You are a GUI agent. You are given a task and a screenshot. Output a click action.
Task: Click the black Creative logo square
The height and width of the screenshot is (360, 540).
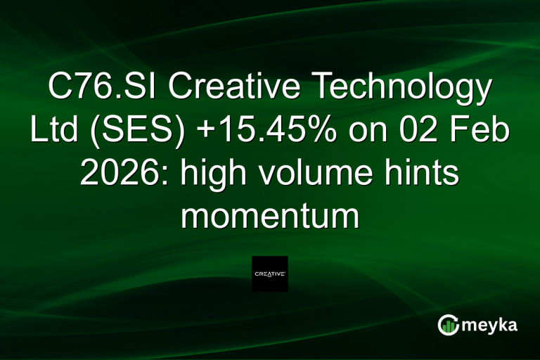click(270, 274)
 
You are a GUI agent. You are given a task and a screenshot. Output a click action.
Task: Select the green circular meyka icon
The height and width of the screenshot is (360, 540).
click(449, 324)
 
